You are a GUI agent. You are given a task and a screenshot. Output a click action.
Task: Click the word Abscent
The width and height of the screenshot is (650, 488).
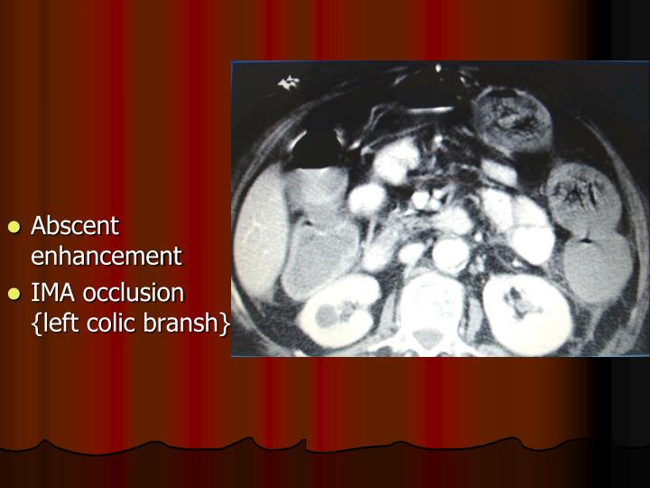[x=76, y=226]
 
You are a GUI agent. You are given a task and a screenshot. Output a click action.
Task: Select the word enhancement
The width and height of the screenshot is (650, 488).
[x=107, y=256]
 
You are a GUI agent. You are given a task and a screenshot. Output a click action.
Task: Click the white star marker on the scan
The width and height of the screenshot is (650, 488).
[x=289, y=84]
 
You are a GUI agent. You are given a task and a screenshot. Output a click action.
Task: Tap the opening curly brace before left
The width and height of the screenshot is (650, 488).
[x=36, y=323]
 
